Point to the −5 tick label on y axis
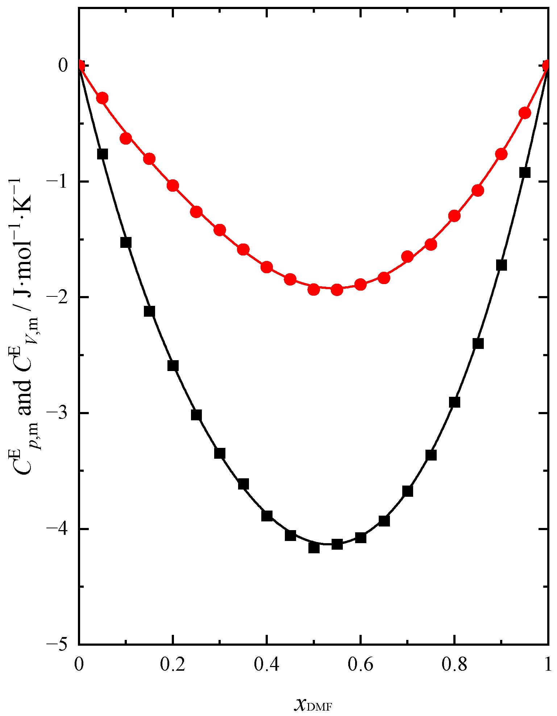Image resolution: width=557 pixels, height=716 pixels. point(58,644)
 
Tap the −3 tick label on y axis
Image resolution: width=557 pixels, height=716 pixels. point(58,413)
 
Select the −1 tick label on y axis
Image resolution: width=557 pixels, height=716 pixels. point(58,181)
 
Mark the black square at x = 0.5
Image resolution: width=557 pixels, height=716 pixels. point(314,547)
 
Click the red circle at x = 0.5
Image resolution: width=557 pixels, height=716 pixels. point(314,290)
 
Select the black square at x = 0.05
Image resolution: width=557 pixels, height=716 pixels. point(103,154)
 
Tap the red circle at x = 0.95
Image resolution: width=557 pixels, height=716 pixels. point(525,113)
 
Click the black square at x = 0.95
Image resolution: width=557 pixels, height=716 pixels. point(525,172)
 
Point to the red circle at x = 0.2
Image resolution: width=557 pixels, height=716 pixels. point(173,186)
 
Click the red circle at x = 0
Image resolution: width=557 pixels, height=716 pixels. point(80,66)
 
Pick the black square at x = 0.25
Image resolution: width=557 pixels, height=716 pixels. point(196,415)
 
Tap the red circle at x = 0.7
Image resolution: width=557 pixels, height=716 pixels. point(407,257)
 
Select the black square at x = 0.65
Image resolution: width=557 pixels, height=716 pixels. point(384,521)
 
